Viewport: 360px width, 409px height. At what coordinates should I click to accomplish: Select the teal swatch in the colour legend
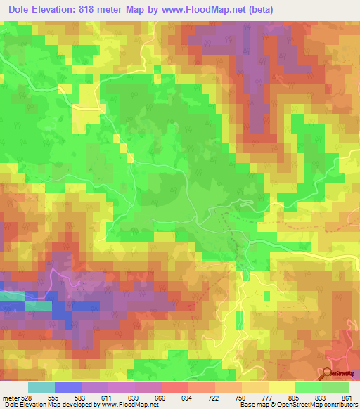coord(41,387)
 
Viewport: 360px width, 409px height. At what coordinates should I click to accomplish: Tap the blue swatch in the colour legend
coord(68,387)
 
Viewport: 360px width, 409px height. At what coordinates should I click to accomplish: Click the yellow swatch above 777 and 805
coord(281,387)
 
